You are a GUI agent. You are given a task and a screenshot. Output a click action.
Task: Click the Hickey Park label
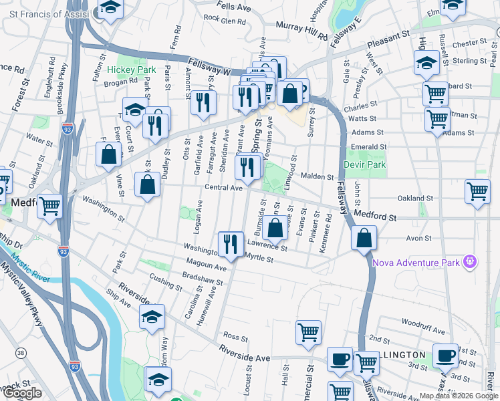(132, 70)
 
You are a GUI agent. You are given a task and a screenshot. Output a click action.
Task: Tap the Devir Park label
(365, 164)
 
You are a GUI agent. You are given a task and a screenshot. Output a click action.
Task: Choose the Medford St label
(376, 217)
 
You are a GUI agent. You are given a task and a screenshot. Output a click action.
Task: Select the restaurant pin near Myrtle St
(231, 244)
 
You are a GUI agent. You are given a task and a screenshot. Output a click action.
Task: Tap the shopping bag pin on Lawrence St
(275, 228)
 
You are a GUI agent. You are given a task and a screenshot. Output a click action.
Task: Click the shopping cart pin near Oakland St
(478, 192)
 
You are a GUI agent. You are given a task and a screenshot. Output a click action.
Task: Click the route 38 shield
(21, 352)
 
